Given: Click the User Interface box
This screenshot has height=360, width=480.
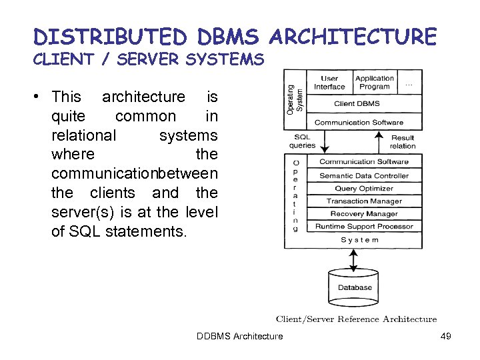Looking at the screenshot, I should pyautogui.click(x=329, y=83).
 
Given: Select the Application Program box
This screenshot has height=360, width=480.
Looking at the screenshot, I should pyautogui.click(x=374, y=83).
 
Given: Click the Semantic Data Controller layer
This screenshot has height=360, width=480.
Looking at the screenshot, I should pyautogui.click(x=364, y=176).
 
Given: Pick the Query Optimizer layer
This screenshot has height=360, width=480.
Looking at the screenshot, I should pyautogui.click(x=364, y=189).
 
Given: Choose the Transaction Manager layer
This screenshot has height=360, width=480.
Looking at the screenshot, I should pyautogui.click(x=364, y=201).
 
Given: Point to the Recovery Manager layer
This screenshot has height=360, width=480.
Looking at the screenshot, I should pyautogui.click(x=364, y=214).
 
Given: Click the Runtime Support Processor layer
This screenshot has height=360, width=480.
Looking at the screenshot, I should pyautogui.click(x=364, y=227).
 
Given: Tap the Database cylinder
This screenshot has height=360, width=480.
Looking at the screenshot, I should pyautogui.click(x=355, y=287).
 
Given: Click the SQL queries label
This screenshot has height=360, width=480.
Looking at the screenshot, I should pyautogui.click(x=303, y=141).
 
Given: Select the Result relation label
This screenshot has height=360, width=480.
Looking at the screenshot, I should pyautogui.click(x=403, y=141).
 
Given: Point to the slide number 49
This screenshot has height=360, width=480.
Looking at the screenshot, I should pyautogui.click(x=446, y=336).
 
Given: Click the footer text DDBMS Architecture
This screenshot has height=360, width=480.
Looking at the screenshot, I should pyautogui.click(x=239, y=336).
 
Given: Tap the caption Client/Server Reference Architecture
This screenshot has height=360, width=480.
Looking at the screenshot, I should pyautogui.click(x=357, y=319).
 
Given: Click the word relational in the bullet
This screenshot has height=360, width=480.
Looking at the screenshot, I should pyautogui.click(x=83, y=135).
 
